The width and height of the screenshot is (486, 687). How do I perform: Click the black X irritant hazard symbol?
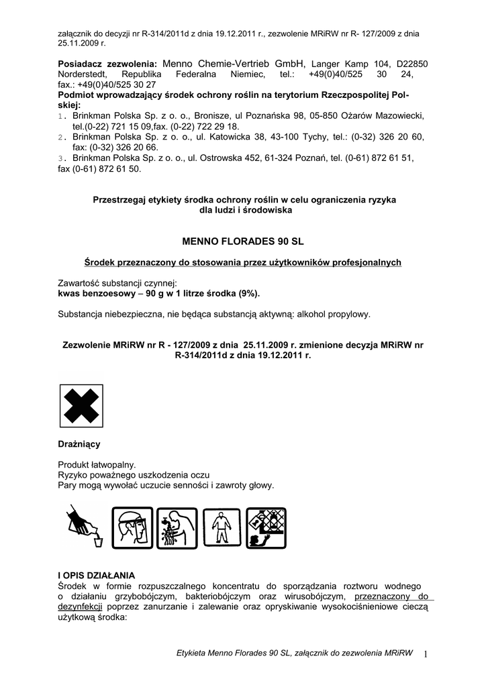pos(81,408)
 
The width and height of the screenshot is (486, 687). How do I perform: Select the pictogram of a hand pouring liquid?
pos(83,527)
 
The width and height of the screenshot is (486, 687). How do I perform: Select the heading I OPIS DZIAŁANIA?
pos(97,576)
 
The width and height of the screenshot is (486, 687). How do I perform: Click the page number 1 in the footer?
pos(426,653)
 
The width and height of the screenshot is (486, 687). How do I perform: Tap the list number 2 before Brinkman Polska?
pos(61,137)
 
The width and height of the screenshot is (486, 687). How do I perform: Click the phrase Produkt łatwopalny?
pos(97,464)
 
